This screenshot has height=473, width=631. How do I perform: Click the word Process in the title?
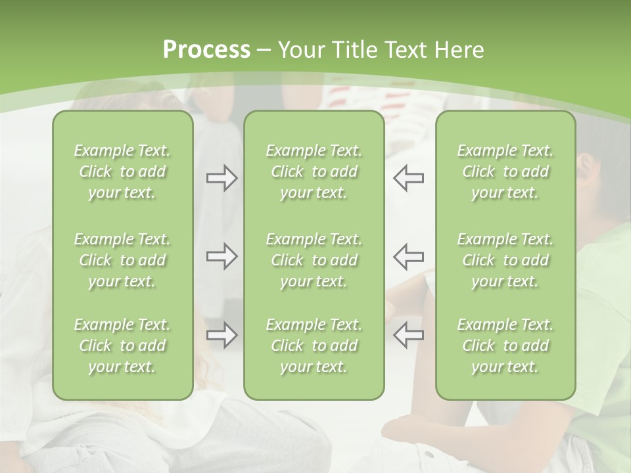click(206, 50)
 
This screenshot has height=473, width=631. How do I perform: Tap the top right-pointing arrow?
click(222, 178)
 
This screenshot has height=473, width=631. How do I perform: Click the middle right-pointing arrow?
click(222, 256)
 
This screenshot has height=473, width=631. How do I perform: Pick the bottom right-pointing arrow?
click(222, 335)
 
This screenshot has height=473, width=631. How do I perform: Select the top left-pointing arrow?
click(408, 178)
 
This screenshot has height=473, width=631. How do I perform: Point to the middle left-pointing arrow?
click(408, 256)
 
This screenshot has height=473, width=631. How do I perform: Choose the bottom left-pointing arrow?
click(408, 335)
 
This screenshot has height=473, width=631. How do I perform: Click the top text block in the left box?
click(122, 171)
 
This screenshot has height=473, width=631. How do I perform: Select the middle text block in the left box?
click(122, 260)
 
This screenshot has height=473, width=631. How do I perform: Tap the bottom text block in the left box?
click(122, 346)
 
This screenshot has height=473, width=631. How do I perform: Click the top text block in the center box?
click(314, 171)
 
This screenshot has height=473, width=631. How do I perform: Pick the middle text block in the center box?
click(314, 260)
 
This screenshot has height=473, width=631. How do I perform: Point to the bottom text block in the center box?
click(314, 346)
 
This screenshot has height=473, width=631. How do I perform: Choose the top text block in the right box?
click(505, 171)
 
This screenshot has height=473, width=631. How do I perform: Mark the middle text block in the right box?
click(505, 260)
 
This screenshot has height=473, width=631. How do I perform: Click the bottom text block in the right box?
click(505, 346)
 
